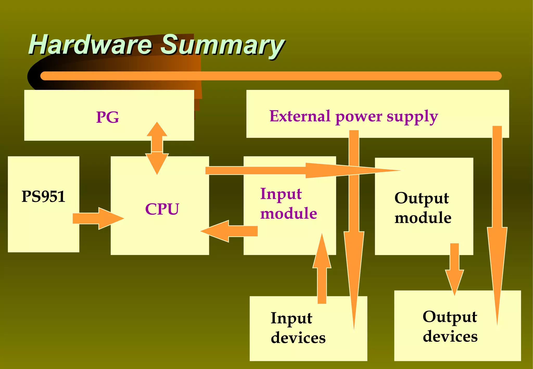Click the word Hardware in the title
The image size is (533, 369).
(90, 45)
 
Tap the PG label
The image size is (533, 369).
(107, 117)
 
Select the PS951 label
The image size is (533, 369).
(43, 196)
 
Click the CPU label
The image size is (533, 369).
(162, 209)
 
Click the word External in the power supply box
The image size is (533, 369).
(300, 116)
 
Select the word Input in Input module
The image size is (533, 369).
(281, 194)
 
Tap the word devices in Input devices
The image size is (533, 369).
(298, 338)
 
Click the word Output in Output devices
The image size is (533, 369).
(449, 317)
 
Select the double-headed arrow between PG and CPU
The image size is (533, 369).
(157, 148)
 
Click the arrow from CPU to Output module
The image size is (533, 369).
(286, 170)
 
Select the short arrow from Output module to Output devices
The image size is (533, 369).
(454, 268)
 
